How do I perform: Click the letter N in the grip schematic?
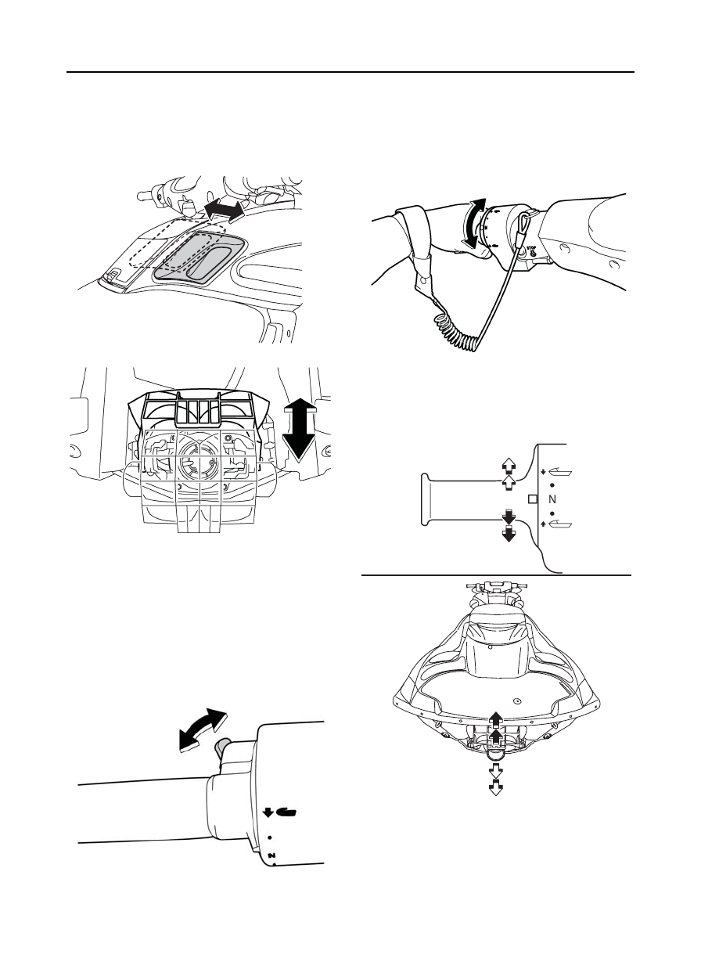click(x=553, y=499)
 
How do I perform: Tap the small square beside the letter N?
click(x=533, y=499)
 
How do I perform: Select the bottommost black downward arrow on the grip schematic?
click(x=508, y=535)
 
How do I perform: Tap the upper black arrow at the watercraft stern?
click(x=494, y=719)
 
